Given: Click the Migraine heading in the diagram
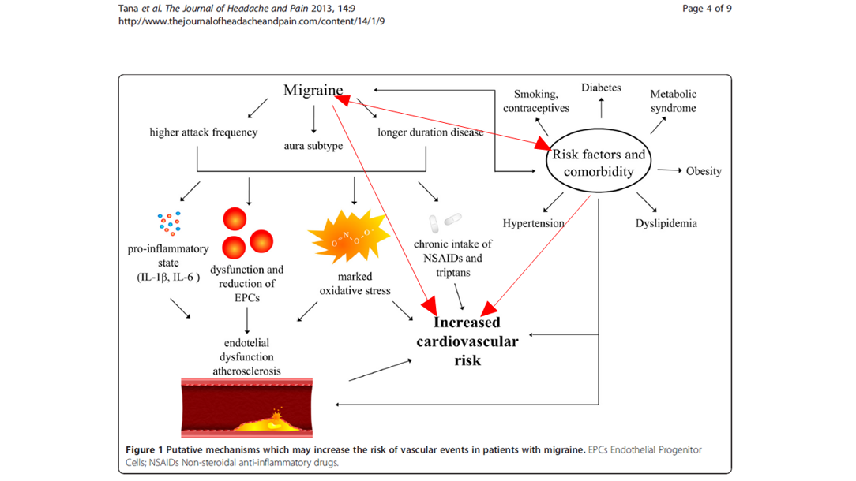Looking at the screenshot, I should click(313, 91).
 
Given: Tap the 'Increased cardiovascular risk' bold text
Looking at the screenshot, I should click(467, 341).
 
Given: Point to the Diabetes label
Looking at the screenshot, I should click(601, 88).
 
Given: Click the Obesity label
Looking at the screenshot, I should click(704, 171).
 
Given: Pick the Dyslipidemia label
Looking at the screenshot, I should click(666, 223).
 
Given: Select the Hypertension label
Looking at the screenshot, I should click(533, 223).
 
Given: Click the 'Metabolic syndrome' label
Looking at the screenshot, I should click(673, 101).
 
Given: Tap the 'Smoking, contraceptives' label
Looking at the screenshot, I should click(536, 102).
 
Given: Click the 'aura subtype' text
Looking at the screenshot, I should click(313, 146).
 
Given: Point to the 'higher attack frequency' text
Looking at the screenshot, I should click(203, 132).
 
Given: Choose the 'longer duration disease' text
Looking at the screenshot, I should click(430, 132).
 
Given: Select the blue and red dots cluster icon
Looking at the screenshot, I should click(169, 223).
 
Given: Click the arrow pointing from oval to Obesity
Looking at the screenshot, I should click(669, 170).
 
